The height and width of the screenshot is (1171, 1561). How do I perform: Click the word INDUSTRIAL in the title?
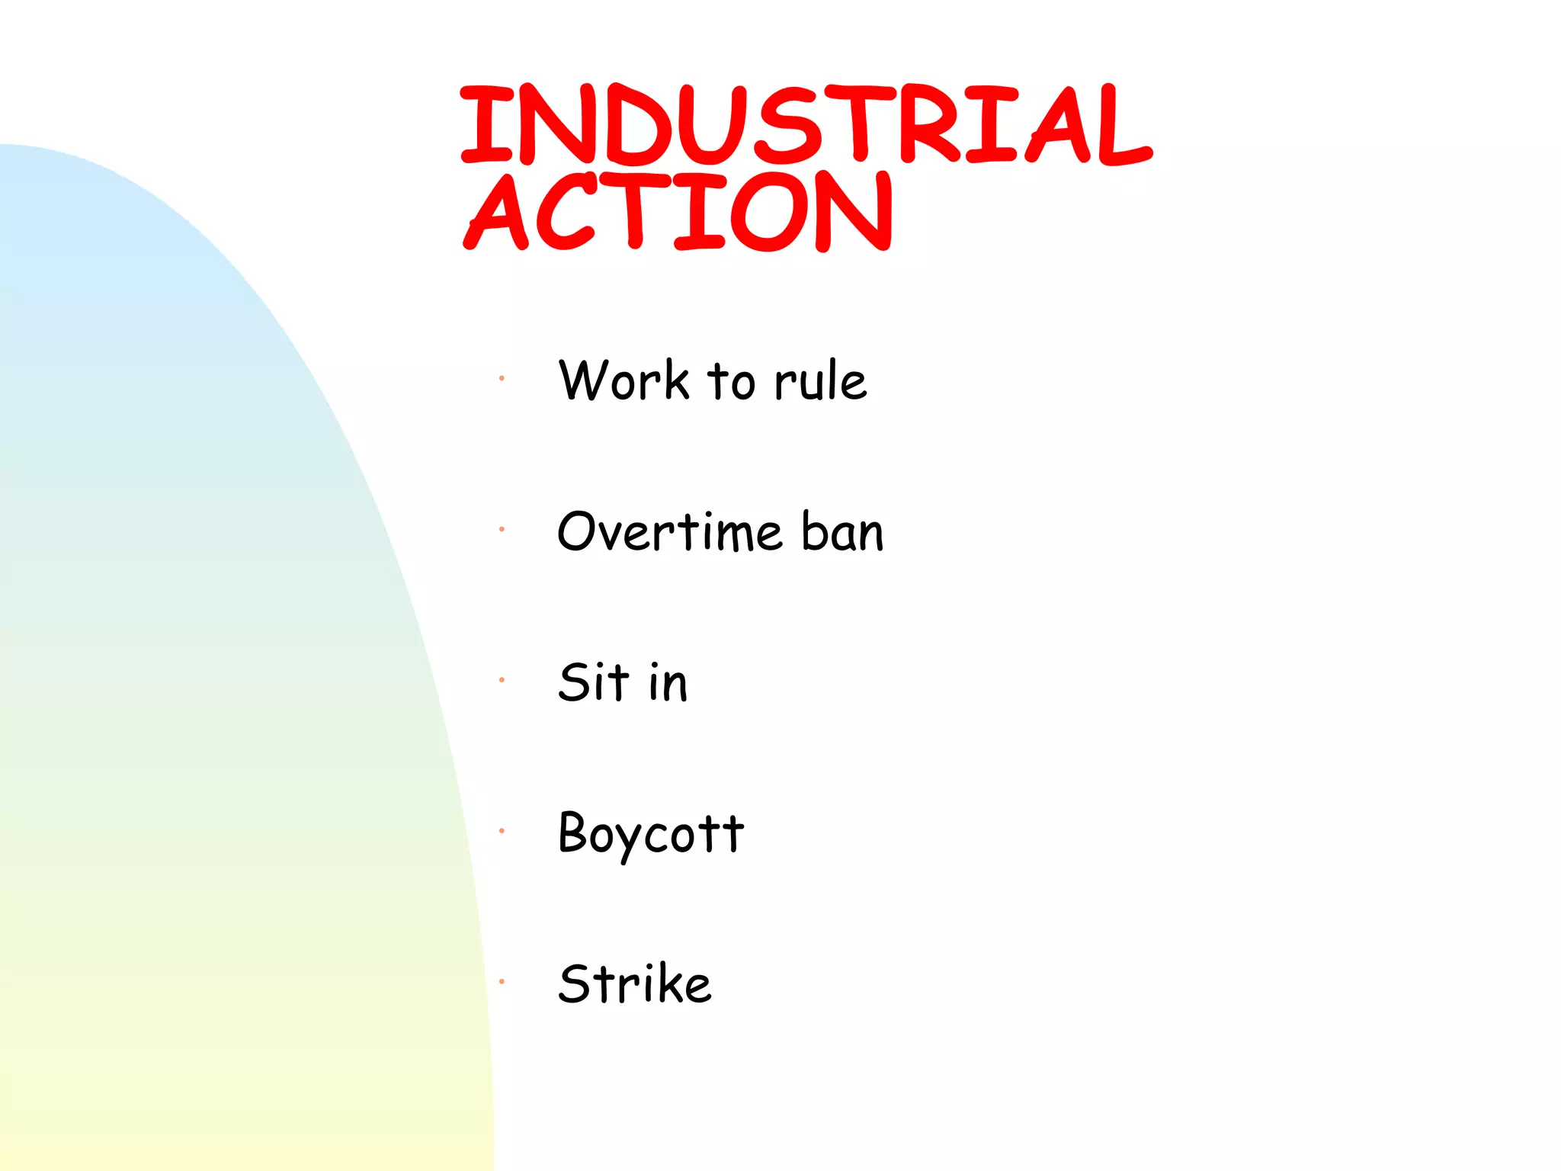coord(806,125)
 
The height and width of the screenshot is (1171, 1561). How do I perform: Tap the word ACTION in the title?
coord(678,212)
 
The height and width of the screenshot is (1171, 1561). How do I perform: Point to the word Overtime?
coord(670,531)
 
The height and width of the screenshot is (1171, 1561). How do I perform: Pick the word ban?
coord(842,531)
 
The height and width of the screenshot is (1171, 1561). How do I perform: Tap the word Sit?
coord(594,682)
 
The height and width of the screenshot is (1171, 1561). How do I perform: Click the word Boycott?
coord(651,833)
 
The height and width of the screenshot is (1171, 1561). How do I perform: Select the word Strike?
coord(635,983)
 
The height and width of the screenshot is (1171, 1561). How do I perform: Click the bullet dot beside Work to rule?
coord(502,378)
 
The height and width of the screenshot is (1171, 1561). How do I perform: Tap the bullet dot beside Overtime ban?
coord(502,529)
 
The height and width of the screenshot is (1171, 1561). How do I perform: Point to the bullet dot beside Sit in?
coord(502,679)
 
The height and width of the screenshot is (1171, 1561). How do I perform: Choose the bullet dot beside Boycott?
coord(502,830)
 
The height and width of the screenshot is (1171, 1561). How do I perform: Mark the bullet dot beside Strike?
coord(502,981)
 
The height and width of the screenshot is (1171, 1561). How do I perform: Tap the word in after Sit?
coord(668,682)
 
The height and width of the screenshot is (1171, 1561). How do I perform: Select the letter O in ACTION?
coord(770,212)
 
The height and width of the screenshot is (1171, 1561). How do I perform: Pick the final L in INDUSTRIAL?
coord(1120,127)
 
